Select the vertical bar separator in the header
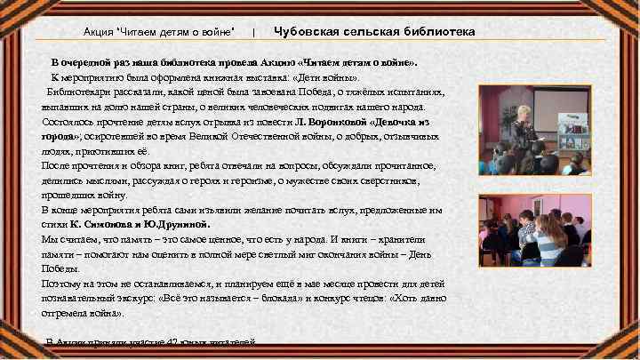[x=254, y=32]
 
